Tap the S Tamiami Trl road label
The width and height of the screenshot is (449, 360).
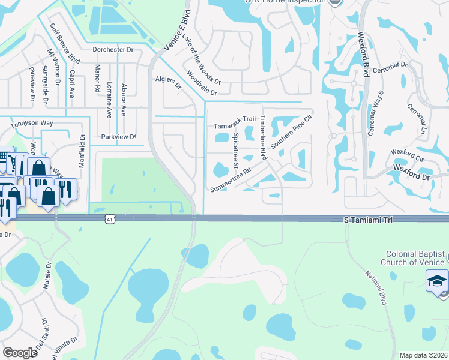pos(370,221)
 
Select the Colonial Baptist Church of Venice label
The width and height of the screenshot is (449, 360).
pos(413,258)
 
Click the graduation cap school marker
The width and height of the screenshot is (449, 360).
pos(436,281)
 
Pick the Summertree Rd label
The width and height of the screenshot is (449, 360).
pos(230,180)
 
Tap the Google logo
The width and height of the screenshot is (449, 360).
pos(20,353)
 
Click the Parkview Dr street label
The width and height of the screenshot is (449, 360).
pos(118,137)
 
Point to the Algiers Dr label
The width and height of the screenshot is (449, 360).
pos(169,82)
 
